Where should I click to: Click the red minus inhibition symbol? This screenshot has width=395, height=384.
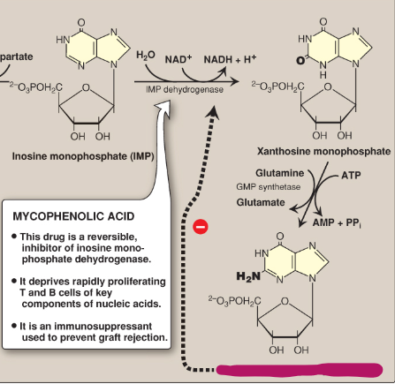201,227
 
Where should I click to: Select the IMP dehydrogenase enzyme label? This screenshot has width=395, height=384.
185,89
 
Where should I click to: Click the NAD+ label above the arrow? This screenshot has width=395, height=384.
177,57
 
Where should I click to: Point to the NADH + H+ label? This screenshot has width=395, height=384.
231,57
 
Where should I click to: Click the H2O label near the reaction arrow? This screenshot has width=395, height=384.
146,57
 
